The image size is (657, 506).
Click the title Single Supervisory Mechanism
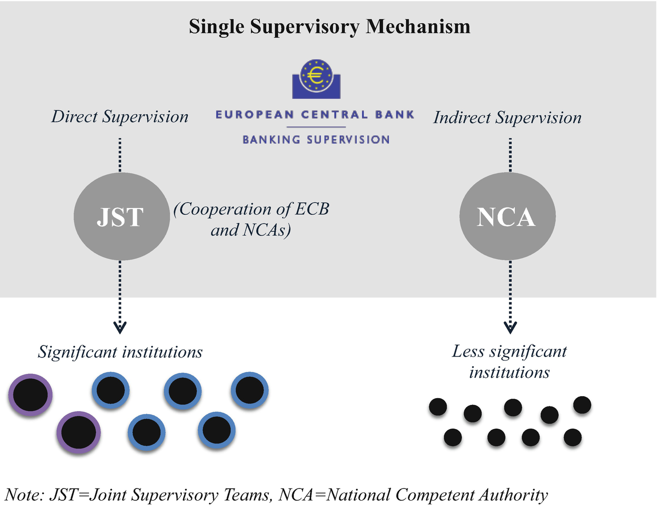(x=329, y=26)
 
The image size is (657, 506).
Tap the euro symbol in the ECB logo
(x=316, y=75)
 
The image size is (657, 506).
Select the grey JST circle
(x=121, y=216)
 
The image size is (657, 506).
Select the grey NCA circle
(x=507, y=216)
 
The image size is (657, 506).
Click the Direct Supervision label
(x=120, y=117)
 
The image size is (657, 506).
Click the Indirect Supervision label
(x=507, y=118)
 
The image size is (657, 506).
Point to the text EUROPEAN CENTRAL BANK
(x=315, y=115)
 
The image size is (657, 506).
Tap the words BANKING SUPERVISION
(x=316, y=140)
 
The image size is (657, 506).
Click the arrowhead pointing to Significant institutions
(x=120, y=328)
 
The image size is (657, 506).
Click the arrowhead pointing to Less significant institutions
(x=510, y=328)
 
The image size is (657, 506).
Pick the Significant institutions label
(x=120, y=352)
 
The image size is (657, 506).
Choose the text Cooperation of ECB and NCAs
(x=251, y=219)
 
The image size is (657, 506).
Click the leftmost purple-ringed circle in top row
(x=30, y=395)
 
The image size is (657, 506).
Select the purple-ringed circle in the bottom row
(x=78, y=432)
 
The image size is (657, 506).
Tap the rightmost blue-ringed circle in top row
(x=249, y=390)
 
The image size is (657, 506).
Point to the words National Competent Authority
(x=437, y=495)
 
